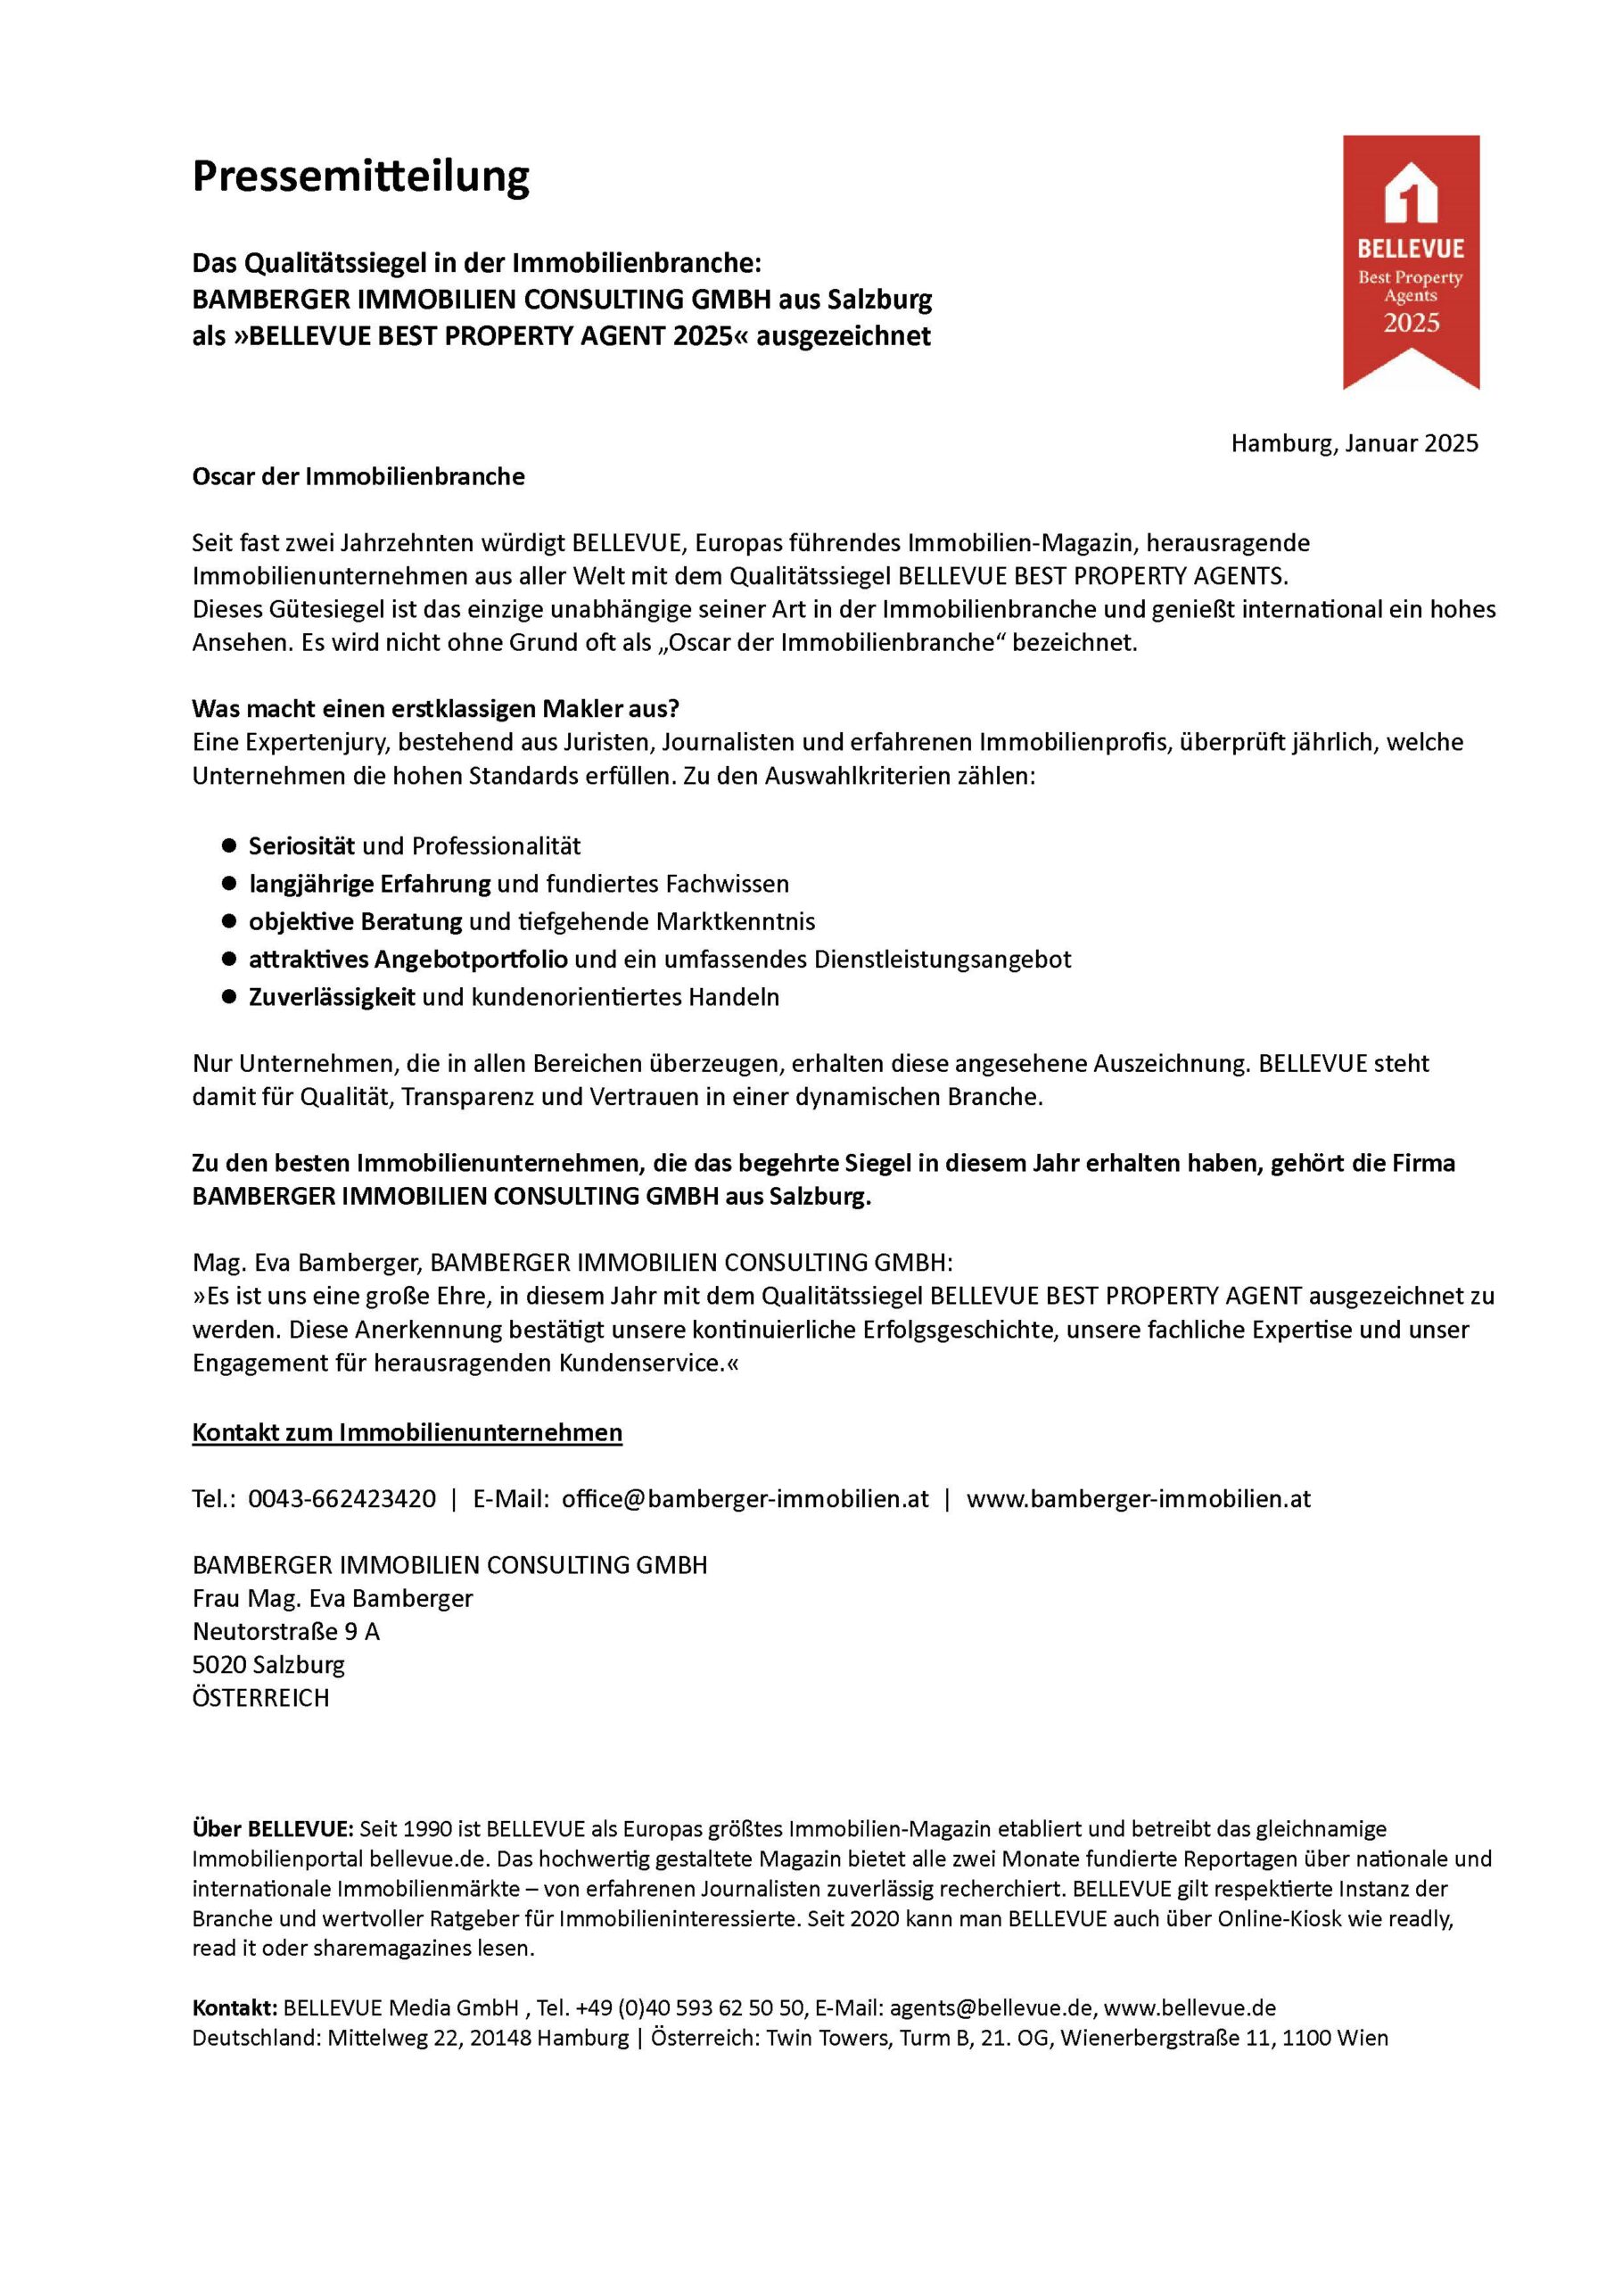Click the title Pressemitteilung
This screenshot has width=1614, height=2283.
tap(360, 176)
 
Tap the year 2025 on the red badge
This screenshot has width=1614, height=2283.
tap(1411, 322)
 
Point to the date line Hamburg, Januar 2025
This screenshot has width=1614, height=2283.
tap(1354, 443)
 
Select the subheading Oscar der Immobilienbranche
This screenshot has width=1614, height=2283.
tap(358, 476)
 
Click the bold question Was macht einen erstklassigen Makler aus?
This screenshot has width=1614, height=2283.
tap(435, 709)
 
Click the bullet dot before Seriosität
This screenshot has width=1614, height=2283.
tap(229, 845)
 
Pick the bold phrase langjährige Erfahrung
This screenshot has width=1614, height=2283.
tap(369, 883)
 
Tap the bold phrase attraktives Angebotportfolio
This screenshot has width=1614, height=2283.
tap(408, 959)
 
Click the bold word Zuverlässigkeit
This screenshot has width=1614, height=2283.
tap(331, 996)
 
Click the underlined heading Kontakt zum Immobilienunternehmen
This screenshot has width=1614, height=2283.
tap(407, 1432)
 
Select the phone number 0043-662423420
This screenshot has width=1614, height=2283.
tap(342, 1498)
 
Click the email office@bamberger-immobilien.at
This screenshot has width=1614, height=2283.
tap(745, 1498)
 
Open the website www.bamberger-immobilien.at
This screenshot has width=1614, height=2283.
tap(1138, 1498)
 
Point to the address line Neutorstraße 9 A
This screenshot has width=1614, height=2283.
tap(285, 1631)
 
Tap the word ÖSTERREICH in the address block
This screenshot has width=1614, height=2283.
tap(260, 1697)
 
